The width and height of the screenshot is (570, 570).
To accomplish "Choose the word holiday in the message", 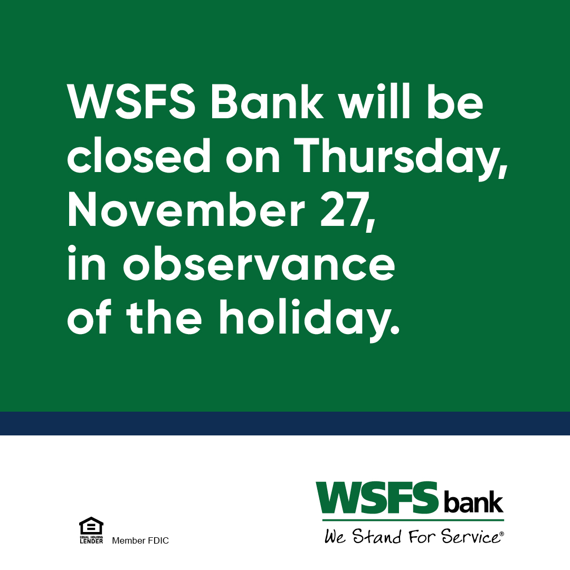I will click(x=309, y=319).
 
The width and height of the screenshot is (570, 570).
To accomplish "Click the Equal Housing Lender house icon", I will click(x=91, y=526).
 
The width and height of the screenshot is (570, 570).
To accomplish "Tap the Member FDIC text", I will click(x=140, y=541).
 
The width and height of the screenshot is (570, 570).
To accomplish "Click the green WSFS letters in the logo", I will click(x=378, y=498).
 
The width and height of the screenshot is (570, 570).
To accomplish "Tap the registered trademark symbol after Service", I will click(x=501, y=534).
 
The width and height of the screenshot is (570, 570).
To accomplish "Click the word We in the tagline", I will click(x=335, y=537).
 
